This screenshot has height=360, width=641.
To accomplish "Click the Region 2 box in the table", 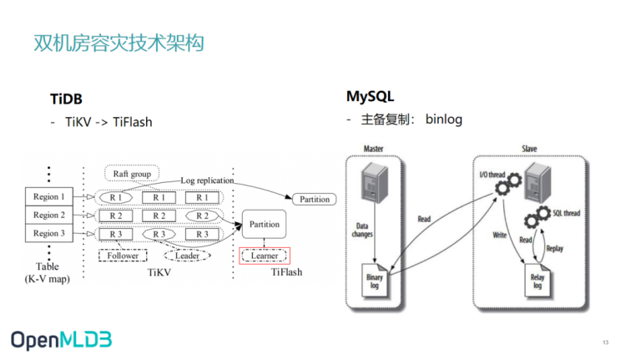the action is (x=49, y=215).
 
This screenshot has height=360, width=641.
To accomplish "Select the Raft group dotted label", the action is (x=132, y=174).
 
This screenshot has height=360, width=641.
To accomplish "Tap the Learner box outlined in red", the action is (x=265, y=256).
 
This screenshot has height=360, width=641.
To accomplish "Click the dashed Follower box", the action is (x=123, y=256).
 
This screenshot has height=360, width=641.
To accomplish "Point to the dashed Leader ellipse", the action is (x=187, y=256).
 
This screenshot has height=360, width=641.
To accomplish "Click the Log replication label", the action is (x=207, y=180).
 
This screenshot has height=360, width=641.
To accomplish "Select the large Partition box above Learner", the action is (x=264, y=224).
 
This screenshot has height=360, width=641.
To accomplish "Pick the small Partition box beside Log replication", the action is (x=315, y=200).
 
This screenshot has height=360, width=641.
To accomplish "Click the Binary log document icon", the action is (x=375, y=280).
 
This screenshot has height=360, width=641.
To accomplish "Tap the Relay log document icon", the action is (x=538, y=280).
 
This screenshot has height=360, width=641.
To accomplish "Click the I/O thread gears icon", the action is (x=508, y=184).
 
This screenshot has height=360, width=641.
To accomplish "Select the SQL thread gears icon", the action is (x=538, y=217).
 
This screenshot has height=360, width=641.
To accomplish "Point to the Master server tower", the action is (x=374, y=183).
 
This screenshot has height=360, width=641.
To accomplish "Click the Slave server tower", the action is (x=538, y=183).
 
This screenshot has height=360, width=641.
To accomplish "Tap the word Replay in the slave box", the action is (x=555, y=248).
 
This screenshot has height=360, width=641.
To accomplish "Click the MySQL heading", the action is (x=371, y=96).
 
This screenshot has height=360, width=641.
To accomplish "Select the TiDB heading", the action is (x=66, y=99).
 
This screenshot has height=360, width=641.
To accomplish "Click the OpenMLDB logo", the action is (x=61, y=340).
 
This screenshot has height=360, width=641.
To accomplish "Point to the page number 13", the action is (x=605, y=342).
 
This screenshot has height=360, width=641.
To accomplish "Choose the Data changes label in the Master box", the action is (x=362, y=230).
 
